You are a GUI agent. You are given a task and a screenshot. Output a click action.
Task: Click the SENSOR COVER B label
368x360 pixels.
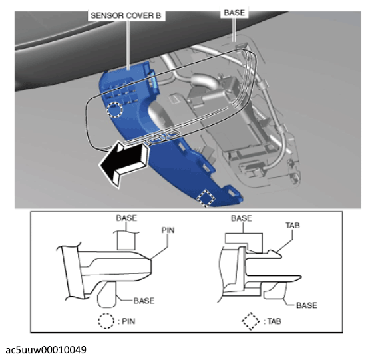coord(126,15)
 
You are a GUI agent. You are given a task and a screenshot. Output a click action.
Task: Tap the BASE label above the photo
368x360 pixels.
coord(234,13)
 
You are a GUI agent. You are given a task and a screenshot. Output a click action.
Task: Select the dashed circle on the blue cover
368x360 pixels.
coord(114,110)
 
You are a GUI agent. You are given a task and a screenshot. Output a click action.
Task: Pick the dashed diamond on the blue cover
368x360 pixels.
coord(206,198)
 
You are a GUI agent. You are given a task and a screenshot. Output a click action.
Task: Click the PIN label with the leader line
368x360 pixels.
coord(168,230)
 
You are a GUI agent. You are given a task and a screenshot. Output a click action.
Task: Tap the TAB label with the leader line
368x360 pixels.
coord(293,226)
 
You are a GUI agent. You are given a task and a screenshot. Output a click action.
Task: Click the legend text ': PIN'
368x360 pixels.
coord(126,321)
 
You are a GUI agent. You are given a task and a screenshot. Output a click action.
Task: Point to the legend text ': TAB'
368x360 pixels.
coord(273,321)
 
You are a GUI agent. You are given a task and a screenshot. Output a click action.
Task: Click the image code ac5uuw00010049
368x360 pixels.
coord(46,350)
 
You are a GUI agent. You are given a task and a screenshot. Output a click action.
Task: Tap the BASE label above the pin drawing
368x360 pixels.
coord(126,218)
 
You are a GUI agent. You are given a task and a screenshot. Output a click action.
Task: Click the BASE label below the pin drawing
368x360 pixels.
coord(144,301)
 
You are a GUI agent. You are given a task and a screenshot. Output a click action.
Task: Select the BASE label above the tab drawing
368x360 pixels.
coord(242,218)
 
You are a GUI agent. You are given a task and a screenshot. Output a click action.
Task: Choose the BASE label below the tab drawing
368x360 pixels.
coord(307,305)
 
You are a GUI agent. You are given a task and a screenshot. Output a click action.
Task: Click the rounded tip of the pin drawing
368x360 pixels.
coord(150,266)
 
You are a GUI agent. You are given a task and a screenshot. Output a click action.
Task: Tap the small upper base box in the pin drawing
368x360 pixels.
coord(126,241)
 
